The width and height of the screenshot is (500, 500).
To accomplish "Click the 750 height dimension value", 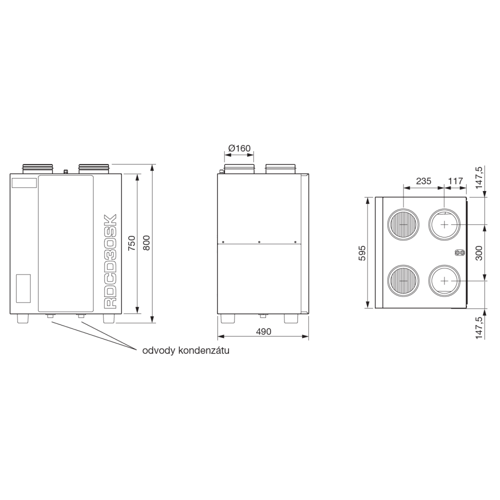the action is (131, 243).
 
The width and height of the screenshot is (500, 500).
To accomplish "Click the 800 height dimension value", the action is (146, 243).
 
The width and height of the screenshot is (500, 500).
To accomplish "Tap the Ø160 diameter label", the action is (239, 148).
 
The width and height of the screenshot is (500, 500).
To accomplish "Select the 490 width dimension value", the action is (263, 331).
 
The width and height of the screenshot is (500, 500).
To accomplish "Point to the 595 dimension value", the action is (362, 253).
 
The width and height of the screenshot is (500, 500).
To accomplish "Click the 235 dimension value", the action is (423, 181).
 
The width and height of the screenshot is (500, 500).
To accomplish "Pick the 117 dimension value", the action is (455, 181).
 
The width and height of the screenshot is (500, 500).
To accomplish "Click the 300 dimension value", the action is (479, 253).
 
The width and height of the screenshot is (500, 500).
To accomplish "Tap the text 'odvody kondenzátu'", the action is (185, 351).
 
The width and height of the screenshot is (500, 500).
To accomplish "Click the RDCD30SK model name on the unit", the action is (110, 261).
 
